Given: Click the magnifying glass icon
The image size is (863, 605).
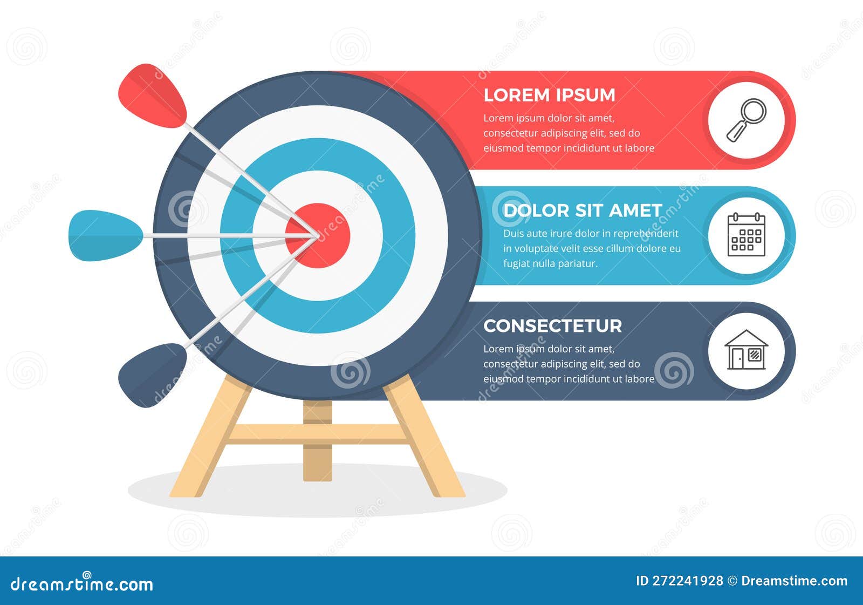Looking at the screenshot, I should pyautogui.click(x=746, y=120).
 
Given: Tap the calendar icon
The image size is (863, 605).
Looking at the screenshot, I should pyautogui.click(x=746, y=235).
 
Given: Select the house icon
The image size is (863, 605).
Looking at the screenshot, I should pyautogui.click(x=746, y=350).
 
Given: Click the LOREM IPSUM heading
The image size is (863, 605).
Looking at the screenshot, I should pyautogui.click(x=549, y=95).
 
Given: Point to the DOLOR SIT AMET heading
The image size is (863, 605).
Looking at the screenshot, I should pyautogui.click(x=583, y=210).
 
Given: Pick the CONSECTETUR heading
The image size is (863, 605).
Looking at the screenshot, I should pyautogui.click(x=552, y=326).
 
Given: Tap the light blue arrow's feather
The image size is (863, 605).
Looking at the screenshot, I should pyautogui.click(x=105, y=236).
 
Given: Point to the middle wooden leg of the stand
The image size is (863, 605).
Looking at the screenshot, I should pyautogui.click(x=318, y=453).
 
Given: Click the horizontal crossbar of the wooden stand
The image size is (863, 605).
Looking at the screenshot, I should pyautogui.click(x=318, y=433).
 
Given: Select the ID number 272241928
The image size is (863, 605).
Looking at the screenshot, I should pyautogui.click(x=688, y=581).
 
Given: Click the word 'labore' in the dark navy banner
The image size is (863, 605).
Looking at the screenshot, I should pyautogui.click(x=639, y=379).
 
